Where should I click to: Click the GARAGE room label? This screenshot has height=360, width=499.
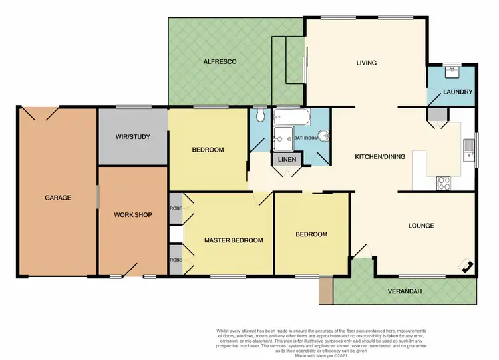pyautogui.click(x=58, y=198)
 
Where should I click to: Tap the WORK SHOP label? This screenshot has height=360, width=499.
pyautogui.click(x=133, y=215)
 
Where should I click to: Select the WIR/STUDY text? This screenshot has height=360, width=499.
pyautogui.click(x=132, y=137)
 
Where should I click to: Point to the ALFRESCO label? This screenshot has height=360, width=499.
pyautogui.click(x=220, y=62)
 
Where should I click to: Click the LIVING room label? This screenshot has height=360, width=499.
pyautogui.click(x=366, y=63)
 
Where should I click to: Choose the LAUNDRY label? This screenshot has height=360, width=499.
pyautogui.click(x=458, y=92)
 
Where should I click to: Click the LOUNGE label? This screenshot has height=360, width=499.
pyautogui.click(x=420, y=226)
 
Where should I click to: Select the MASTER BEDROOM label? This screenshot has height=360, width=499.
pyautogui.click(x=234, y=240)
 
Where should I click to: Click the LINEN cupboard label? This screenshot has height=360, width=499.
pyautogui.click(x=287, y=160)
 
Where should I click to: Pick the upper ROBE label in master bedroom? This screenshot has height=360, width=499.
pyautogui.click(x=175, y=208)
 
